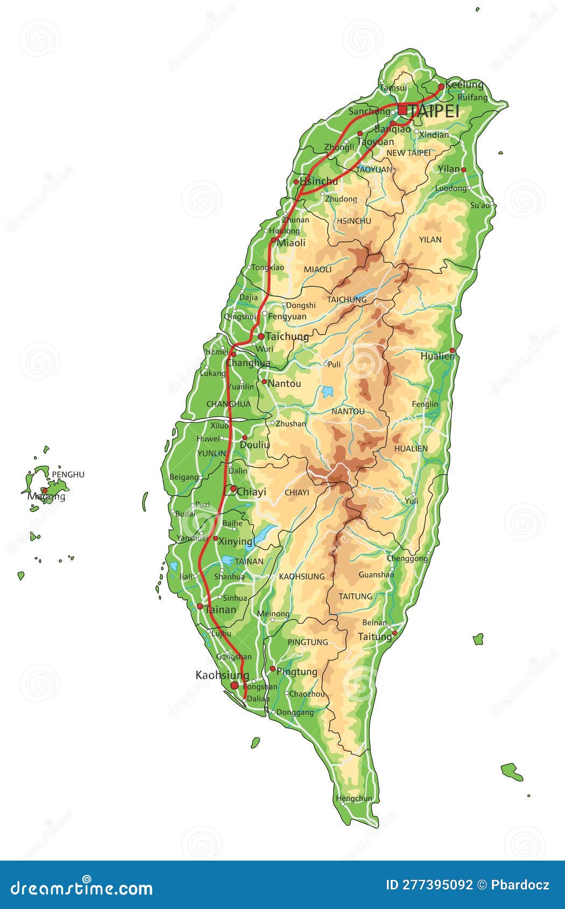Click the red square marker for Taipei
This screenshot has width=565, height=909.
pyautogui.click(x=402, y=110)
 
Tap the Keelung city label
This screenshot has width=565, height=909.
pyautogui.click(x=464, y=85)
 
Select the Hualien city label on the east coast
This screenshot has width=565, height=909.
pyautogui.click(x=437, y=356)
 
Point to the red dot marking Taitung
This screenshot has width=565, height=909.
pyautogui.click(x=394, y=633)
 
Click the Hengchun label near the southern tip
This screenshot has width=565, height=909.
pyautogui.click(x=354, y=798)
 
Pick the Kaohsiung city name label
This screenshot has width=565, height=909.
pyautogui.click(x=222, y=675)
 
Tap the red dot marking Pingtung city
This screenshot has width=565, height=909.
pyautogui.click(x=272, y=669)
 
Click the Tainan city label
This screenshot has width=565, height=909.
pyautogui.click(x=221, y=610)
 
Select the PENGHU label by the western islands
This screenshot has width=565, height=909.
pyautogui.click(x=68, y=474)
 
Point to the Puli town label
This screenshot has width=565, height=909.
pyautogui.click(x=334, y=364)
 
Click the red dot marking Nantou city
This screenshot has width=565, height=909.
pyautogui.click(x=264, y=382)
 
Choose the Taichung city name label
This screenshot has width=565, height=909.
pyautogui.click(x=287, y=337)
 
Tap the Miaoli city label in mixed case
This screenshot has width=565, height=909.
pyautogui.click(x=291, y=243)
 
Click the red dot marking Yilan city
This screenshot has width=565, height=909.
pyautogui.click(x=463, y=169)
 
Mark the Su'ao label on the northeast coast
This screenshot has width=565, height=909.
pyautogui.click(x=481, y=205)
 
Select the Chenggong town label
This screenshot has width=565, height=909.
pyautogui.click(x=407, y=558)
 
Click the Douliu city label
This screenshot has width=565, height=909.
pyautogui.click(x=255, y=445)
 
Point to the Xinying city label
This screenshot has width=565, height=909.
pyautogui.click(x=236, y=541)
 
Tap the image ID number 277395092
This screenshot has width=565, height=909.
pyautogui.click(x=437, y=884)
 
